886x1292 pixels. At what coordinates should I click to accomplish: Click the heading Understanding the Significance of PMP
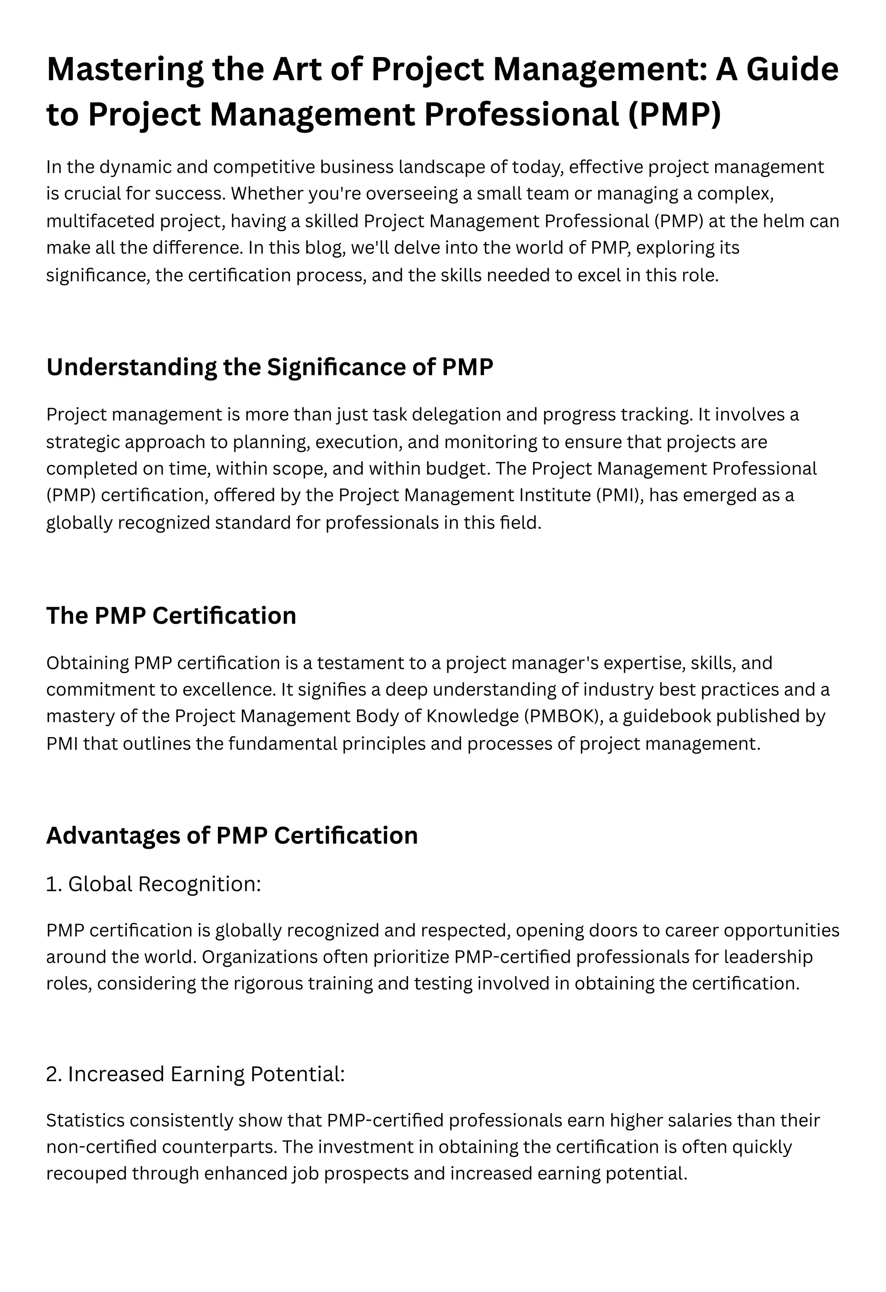coord(270,367)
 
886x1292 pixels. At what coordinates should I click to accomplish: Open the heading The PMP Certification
coord(171,615)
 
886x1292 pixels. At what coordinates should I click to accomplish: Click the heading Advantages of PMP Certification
coord(232,835)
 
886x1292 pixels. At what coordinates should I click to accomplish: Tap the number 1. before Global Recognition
coord(54,884)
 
